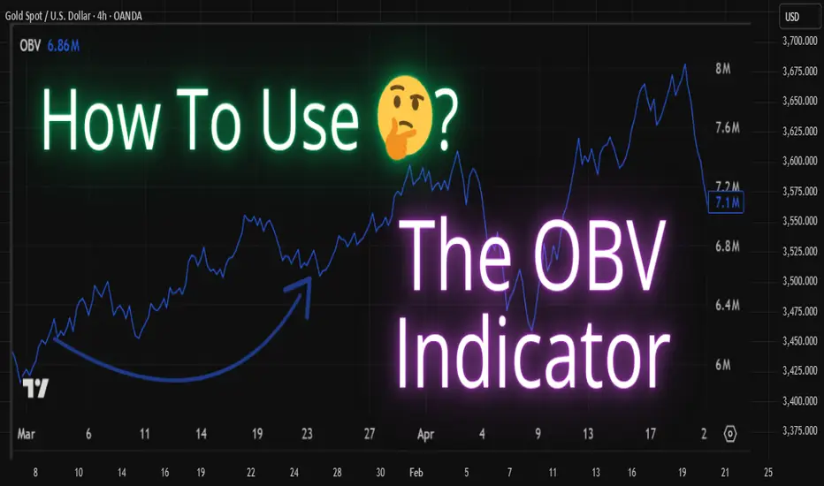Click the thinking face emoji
click(405, 117)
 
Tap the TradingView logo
click(35, 388)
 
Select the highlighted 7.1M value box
click(726, 203)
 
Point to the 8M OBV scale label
click(722, 68)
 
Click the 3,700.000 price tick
click(800, 41)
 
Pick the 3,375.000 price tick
click(800, 430)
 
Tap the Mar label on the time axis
click(26, 434)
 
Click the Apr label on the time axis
click(425, 434)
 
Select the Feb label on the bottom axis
click(416, 473)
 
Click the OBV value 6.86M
click(64, 46)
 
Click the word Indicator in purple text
click(533, 352)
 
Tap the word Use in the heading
click(309, 120)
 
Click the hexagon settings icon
click(730, 434)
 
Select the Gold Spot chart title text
click(73, 16)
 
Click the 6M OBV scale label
click(722, 365)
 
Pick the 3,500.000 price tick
click(800, 281)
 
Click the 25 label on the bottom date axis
click(768, 473)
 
